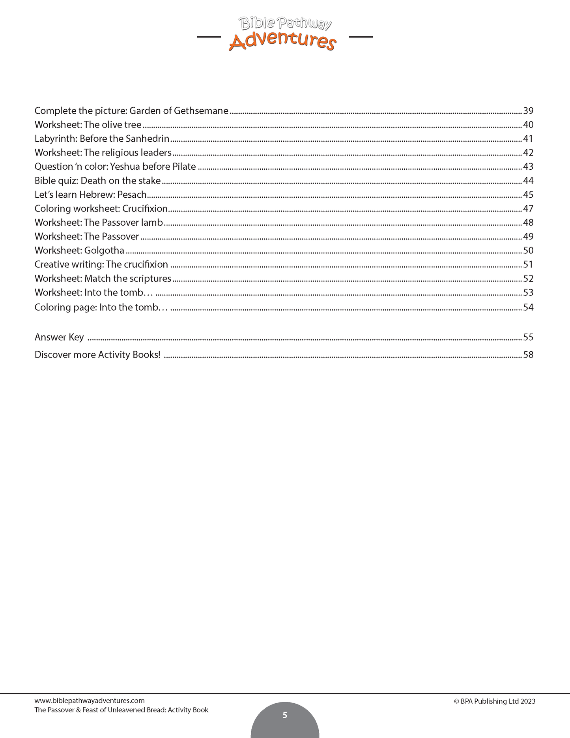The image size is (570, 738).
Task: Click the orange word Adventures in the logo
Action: click(282, 41)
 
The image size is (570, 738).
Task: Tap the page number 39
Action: click(528, 111)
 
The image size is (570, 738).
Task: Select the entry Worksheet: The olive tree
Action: click(88, 125)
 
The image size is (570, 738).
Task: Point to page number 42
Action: click(528, 153)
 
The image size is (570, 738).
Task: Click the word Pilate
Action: click(184, 167)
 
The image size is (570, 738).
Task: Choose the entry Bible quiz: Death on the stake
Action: click(97, 181)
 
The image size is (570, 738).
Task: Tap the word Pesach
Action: click(132, 195)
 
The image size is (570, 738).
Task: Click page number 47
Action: click(528, 208)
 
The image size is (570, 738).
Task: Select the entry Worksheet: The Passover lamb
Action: click(99, 223)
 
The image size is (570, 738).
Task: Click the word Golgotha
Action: click(104, 251)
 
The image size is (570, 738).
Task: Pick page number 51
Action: click(528, 264)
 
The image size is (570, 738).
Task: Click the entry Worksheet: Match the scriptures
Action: click(103, 279)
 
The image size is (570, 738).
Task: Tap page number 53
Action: click(528, 292)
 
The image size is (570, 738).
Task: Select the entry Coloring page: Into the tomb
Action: click(101, 307)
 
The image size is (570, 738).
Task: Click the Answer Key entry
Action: click(59, 337)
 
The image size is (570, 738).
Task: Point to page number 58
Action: click(528, 354)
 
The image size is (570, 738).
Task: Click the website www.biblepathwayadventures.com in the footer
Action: click(90, 701)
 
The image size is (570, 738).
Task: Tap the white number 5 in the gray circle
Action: click(285, 715)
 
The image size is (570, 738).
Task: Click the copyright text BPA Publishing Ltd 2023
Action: click(495, 701)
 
